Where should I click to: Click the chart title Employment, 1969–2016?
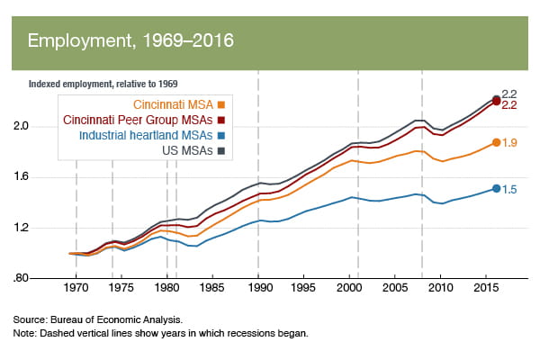(130, 41)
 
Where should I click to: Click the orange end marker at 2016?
(496, 142)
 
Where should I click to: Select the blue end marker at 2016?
(496, 189)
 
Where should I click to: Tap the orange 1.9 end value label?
(509, 143)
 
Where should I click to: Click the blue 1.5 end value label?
(509, 189)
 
